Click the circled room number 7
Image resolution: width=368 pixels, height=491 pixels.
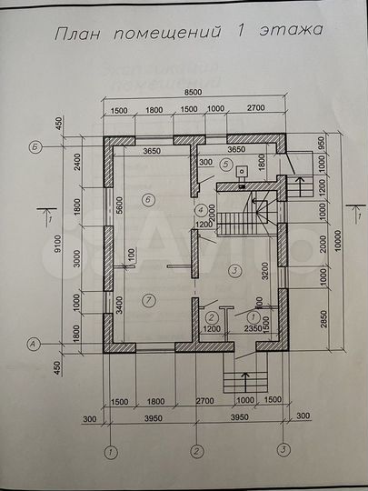coord(151,300)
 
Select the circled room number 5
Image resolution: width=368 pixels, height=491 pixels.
coord(225,164)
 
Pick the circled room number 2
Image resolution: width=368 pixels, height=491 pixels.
coord(211,316)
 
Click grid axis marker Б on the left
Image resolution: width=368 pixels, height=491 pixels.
coord(34,145)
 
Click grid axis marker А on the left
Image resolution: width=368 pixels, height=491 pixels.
coord(34,343)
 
